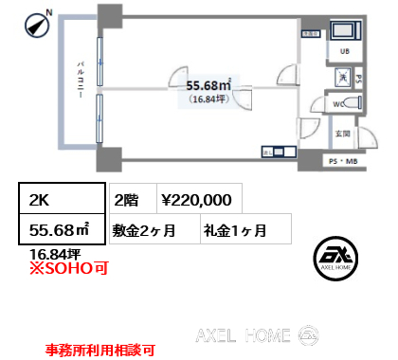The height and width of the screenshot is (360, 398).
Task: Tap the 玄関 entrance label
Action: click(x=346, y=134)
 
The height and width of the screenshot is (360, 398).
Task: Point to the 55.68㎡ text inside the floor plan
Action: click(x=218, y=85)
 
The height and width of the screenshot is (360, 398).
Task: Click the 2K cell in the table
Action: click(x=62, y=200)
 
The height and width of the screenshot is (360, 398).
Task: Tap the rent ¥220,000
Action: click(x=195, y=200)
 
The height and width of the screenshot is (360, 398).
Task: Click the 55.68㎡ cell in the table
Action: click(x=62, y=229)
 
